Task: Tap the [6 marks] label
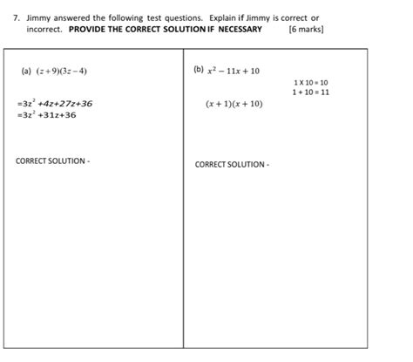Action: pyautogui.click(x=305, y=29)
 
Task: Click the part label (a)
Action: pyautogui.click(x=26, y=71)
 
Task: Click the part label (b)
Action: pyautogui.click(x=199, y=70)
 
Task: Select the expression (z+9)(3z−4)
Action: pyautogui.click(x=62, y=71)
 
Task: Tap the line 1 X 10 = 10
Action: pyautogui.click(x=311, y=83)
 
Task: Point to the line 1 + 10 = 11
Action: pyautogui.click(x=311, y=92)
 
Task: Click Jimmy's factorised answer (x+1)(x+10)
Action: pyautogui.click(x=234, y=103)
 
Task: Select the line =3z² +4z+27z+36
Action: pyautogui.click(x=54, y=103)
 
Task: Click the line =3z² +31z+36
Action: pyautogui.click(x=46, y=114)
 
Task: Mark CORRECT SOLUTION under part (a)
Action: pyautogui.click(x=52, y=161)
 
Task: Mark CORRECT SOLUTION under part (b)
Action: pyautogui.click(x=232, y=164)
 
